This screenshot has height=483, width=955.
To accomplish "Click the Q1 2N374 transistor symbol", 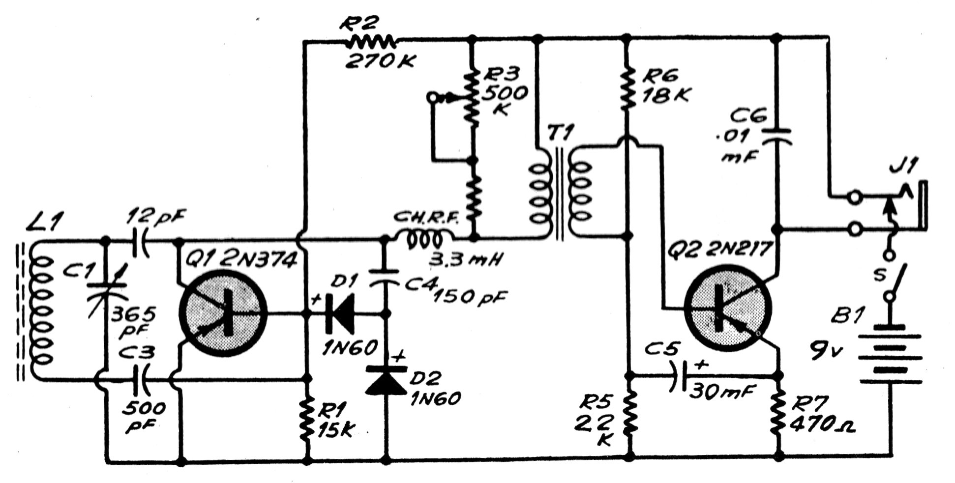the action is pyautogui.click(x=222, y=314).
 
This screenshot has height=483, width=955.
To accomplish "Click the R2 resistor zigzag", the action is pyautogui.click(x=371, y=41).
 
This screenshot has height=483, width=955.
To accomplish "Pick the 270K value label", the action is pyautogui.click(x=382, y=62).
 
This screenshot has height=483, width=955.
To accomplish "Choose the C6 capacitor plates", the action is pyautogui.click(x=777, y=136).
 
